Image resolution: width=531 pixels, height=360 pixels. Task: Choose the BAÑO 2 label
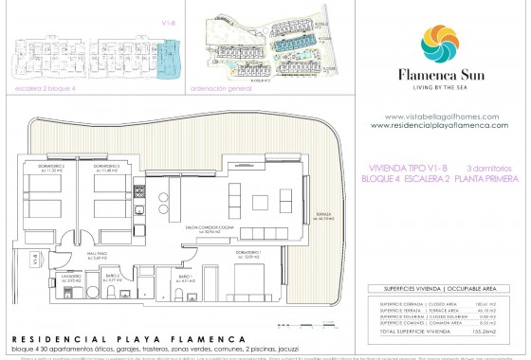(x=111, y=279)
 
